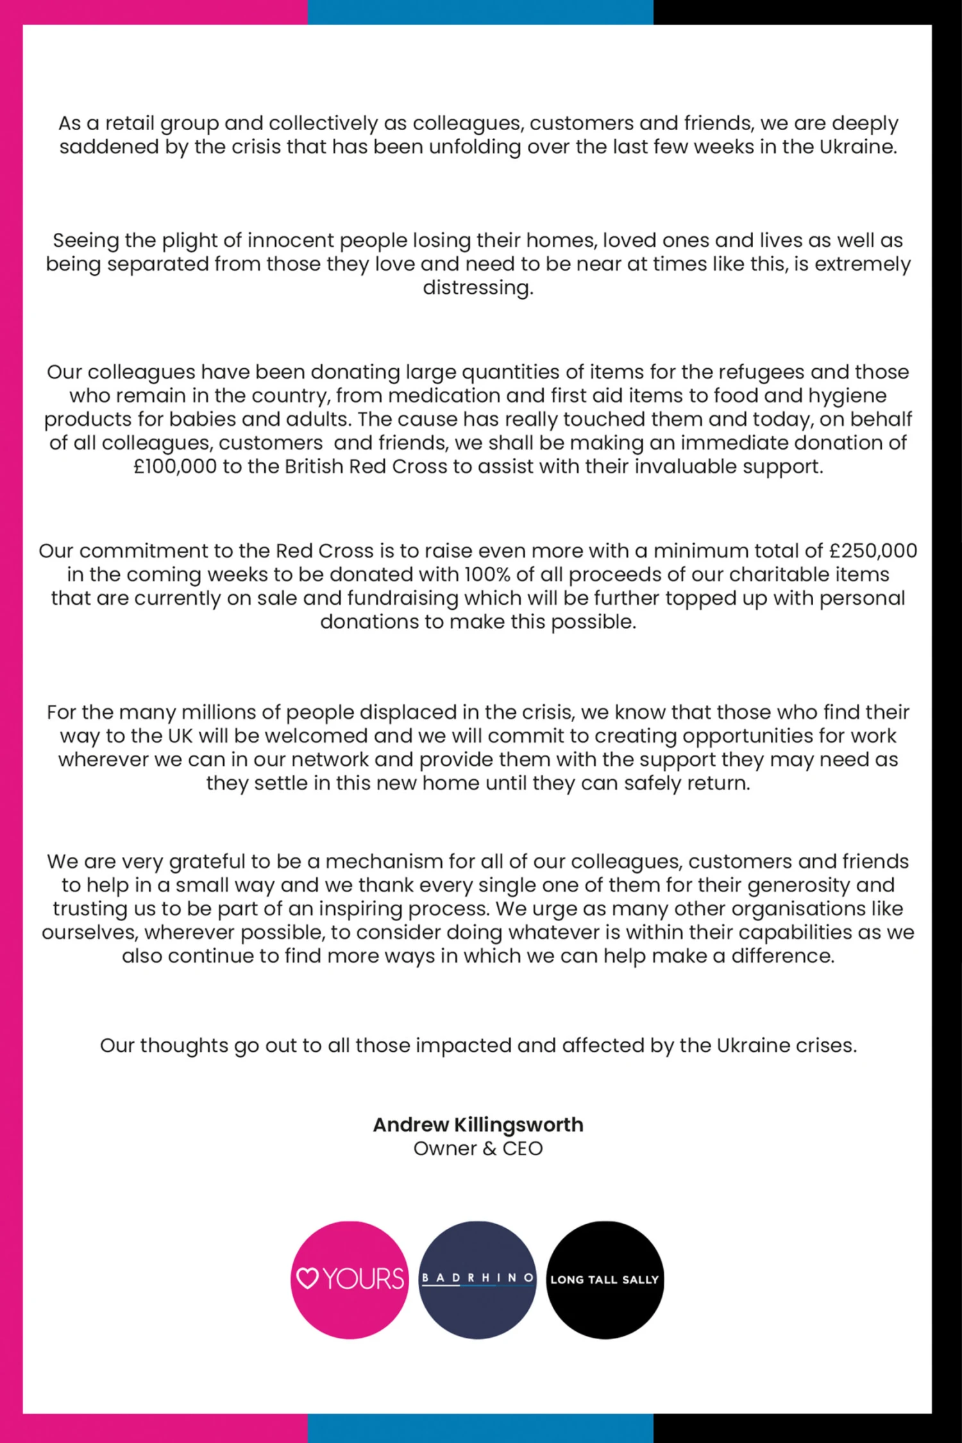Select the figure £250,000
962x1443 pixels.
click(x=873, y=551)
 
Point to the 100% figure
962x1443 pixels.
click(x=487, y=575)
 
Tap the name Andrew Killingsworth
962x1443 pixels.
click(x=478, y=1125)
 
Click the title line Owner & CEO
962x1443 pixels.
click(x=478, y=1149)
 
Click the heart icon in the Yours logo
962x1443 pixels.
click(x=308, y=1278)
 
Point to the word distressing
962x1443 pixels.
click(x=478, y=288)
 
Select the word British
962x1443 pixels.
click(x=314, y=466)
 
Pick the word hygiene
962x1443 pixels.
click(x=847, y=396)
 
